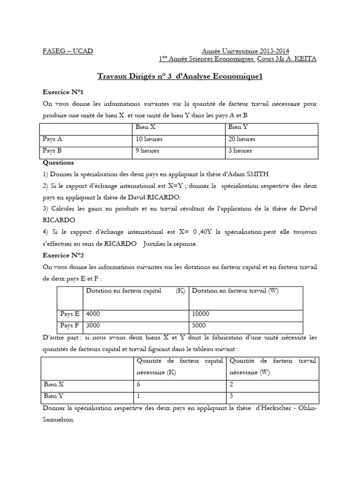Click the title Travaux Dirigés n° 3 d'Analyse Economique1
click(180, 76)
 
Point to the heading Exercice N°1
click(63, 92)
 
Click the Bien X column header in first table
click(145, 127)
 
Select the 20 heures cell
click(242, 139)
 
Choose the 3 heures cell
click(240, 151)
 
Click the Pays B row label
click(52, 151)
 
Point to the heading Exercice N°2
click(63, 255)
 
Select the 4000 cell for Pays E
click(93, 314)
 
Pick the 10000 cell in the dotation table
click(201, 314)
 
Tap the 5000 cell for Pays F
click(199, 325)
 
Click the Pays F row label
click(70, 325)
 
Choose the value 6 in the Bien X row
click(138, 384)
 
